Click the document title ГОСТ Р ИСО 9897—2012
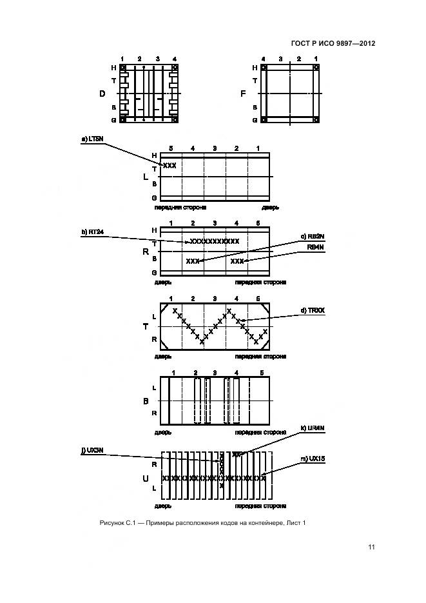333,44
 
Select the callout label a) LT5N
92,139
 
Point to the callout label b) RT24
92,233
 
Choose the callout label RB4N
315,247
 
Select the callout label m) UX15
313,459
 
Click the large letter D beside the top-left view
102,94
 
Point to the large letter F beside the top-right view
242,94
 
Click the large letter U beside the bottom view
145,479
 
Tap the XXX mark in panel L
169,166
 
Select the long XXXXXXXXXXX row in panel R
215,241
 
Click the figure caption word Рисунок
111,522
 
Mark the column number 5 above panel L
171,149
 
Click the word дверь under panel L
270,208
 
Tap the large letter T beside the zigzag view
145,327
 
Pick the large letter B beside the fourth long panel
145,400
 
